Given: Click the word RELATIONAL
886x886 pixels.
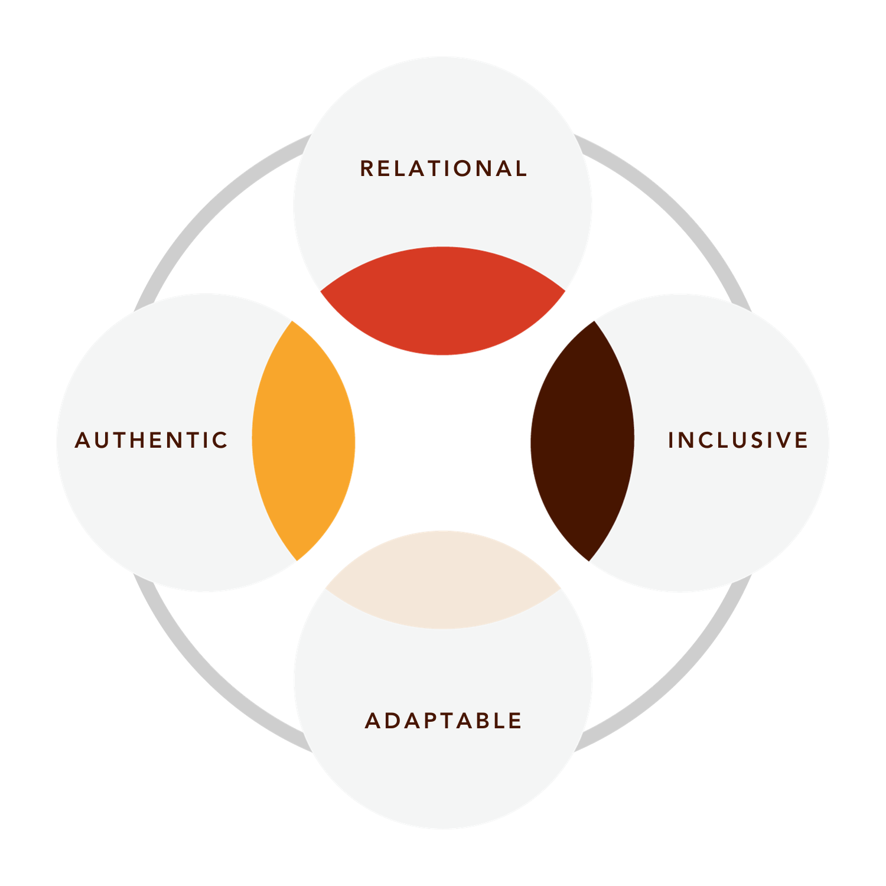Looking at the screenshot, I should point(443,169).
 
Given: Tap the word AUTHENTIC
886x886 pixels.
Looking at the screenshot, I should point(151,440).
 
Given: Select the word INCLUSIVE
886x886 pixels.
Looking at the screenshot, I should point(738,440).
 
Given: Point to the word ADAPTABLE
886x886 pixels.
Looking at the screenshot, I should point(443,721).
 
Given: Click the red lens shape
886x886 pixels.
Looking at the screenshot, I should point(443,301).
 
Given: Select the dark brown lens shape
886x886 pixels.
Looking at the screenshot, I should point(582,440).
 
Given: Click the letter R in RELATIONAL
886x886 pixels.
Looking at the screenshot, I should point(366,169).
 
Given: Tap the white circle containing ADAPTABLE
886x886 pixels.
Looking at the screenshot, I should point(443,780).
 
